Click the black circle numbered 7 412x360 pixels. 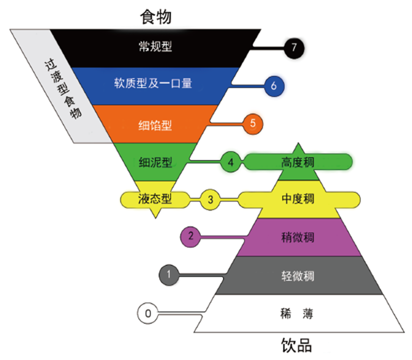click(294, 48)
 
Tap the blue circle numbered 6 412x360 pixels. click(274, 86)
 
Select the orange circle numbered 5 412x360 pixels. click(253, 124)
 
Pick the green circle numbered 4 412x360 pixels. click(230, 162)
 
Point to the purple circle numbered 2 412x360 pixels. click(190, 237)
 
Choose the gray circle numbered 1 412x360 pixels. click(169, 275)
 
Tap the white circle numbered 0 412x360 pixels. click(148, 313)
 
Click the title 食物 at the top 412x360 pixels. click(156, 17)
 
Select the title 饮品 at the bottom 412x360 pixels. click(297, 345)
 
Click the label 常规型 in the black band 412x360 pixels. click(155, 47)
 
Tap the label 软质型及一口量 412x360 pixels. click(153, 83)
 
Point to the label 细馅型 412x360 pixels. click(155, 125)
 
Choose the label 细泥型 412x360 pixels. click(155, 162)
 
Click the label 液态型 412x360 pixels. click(155, 199)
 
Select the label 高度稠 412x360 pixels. click(298, 162)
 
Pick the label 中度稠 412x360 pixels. click(298, 199)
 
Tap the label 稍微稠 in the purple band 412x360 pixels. click(298, 237)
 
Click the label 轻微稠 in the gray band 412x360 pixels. click(298, 276)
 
